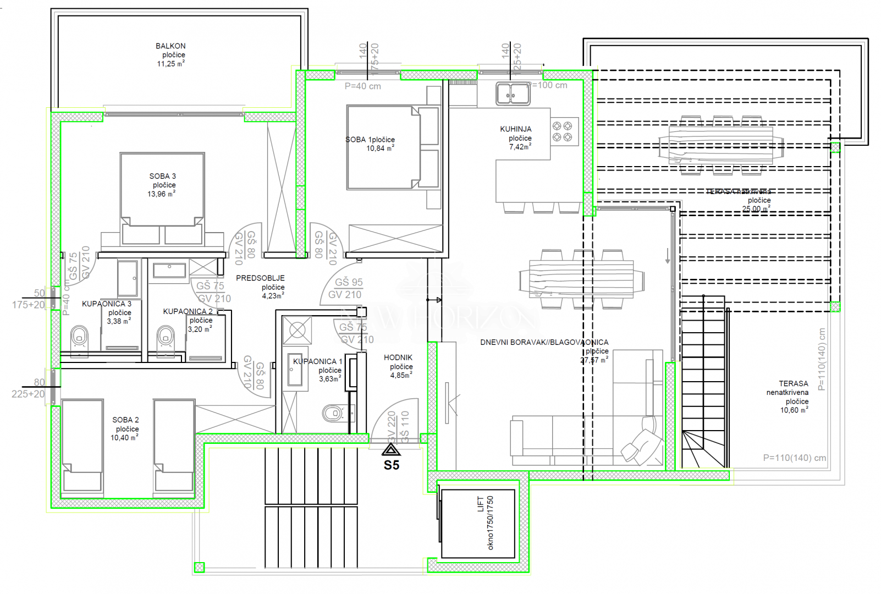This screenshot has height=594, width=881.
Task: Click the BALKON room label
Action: [170, 46]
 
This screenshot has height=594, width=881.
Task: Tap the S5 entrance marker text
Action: [392, 465]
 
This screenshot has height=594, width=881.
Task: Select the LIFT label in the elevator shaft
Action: [480, 504]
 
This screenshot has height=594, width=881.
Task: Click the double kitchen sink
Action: [513, 94]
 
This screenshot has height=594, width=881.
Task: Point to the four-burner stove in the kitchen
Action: [563, 131]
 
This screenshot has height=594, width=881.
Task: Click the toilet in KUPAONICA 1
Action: [333, 413]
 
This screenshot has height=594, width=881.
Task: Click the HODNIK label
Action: [398, 358]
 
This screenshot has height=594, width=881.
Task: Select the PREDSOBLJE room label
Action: [260, 278]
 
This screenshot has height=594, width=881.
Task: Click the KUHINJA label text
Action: [515, 129]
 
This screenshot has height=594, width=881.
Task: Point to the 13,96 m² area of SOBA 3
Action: [161, 194]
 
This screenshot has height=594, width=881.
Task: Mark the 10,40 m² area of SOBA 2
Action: [124, 438]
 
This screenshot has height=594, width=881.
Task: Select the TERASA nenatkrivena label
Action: [788, 388]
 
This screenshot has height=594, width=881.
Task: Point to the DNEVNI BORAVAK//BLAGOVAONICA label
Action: [544, 342]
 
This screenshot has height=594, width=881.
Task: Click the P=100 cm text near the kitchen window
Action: [548, 85]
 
